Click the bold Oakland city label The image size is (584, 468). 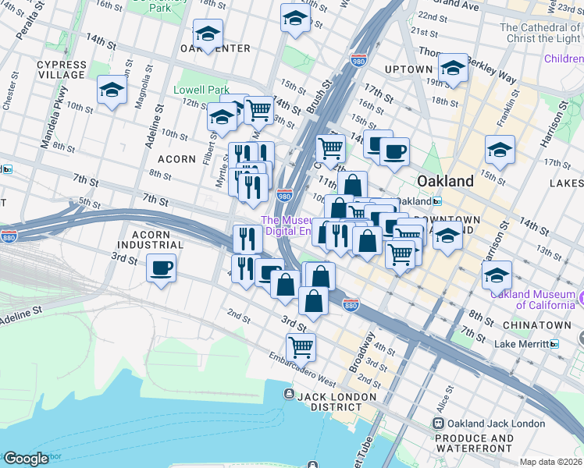pos(445,181)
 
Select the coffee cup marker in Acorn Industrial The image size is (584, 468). pos(161,268)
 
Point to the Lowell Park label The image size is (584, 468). pos(201,90)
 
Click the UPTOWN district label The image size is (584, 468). pos(408,69)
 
